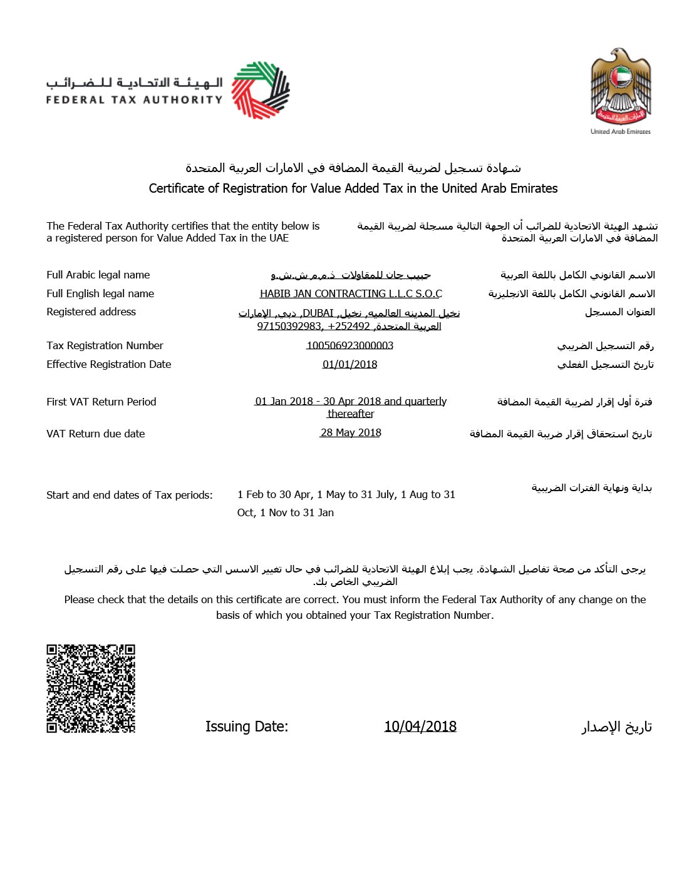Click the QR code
(91, 688)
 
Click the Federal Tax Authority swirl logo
(261, 89)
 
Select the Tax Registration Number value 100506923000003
(349, 345)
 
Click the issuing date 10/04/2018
(420, 726)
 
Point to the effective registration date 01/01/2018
(349, 364)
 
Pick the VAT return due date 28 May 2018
(351, 432)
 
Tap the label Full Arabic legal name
(98, 275)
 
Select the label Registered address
(91, 312)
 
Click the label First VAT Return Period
(101, 402)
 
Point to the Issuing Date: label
(247, 726)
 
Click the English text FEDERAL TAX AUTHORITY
(134, 99)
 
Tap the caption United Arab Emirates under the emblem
(620, 131)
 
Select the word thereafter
(351, 414)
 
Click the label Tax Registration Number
(105, 345)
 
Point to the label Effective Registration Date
(108, 364)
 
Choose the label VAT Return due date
(95, 434)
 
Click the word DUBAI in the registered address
(318, 313)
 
